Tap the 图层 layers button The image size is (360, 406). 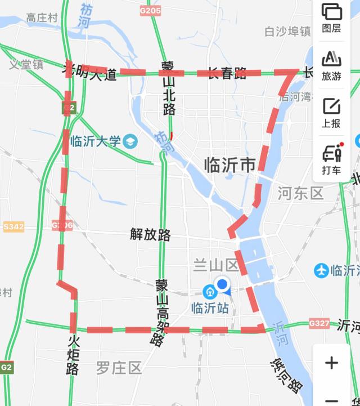tap(331, 18)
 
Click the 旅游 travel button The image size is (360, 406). tap(331, 65)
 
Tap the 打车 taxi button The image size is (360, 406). tap(331, 159)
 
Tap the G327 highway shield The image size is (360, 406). tap(319, 324)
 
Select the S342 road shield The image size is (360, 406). tap(13, 226)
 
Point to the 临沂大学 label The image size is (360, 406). tap(96, 141)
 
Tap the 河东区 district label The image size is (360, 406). tap(300, 194)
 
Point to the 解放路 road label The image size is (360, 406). tap(150, 235)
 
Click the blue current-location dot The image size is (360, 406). tap(223, 285)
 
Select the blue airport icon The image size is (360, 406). tap(322, 271)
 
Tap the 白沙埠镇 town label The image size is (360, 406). tap(288, 31)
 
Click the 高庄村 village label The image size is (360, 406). tap(42, 18)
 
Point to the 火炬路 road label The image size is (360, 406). tap(73, 355)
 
